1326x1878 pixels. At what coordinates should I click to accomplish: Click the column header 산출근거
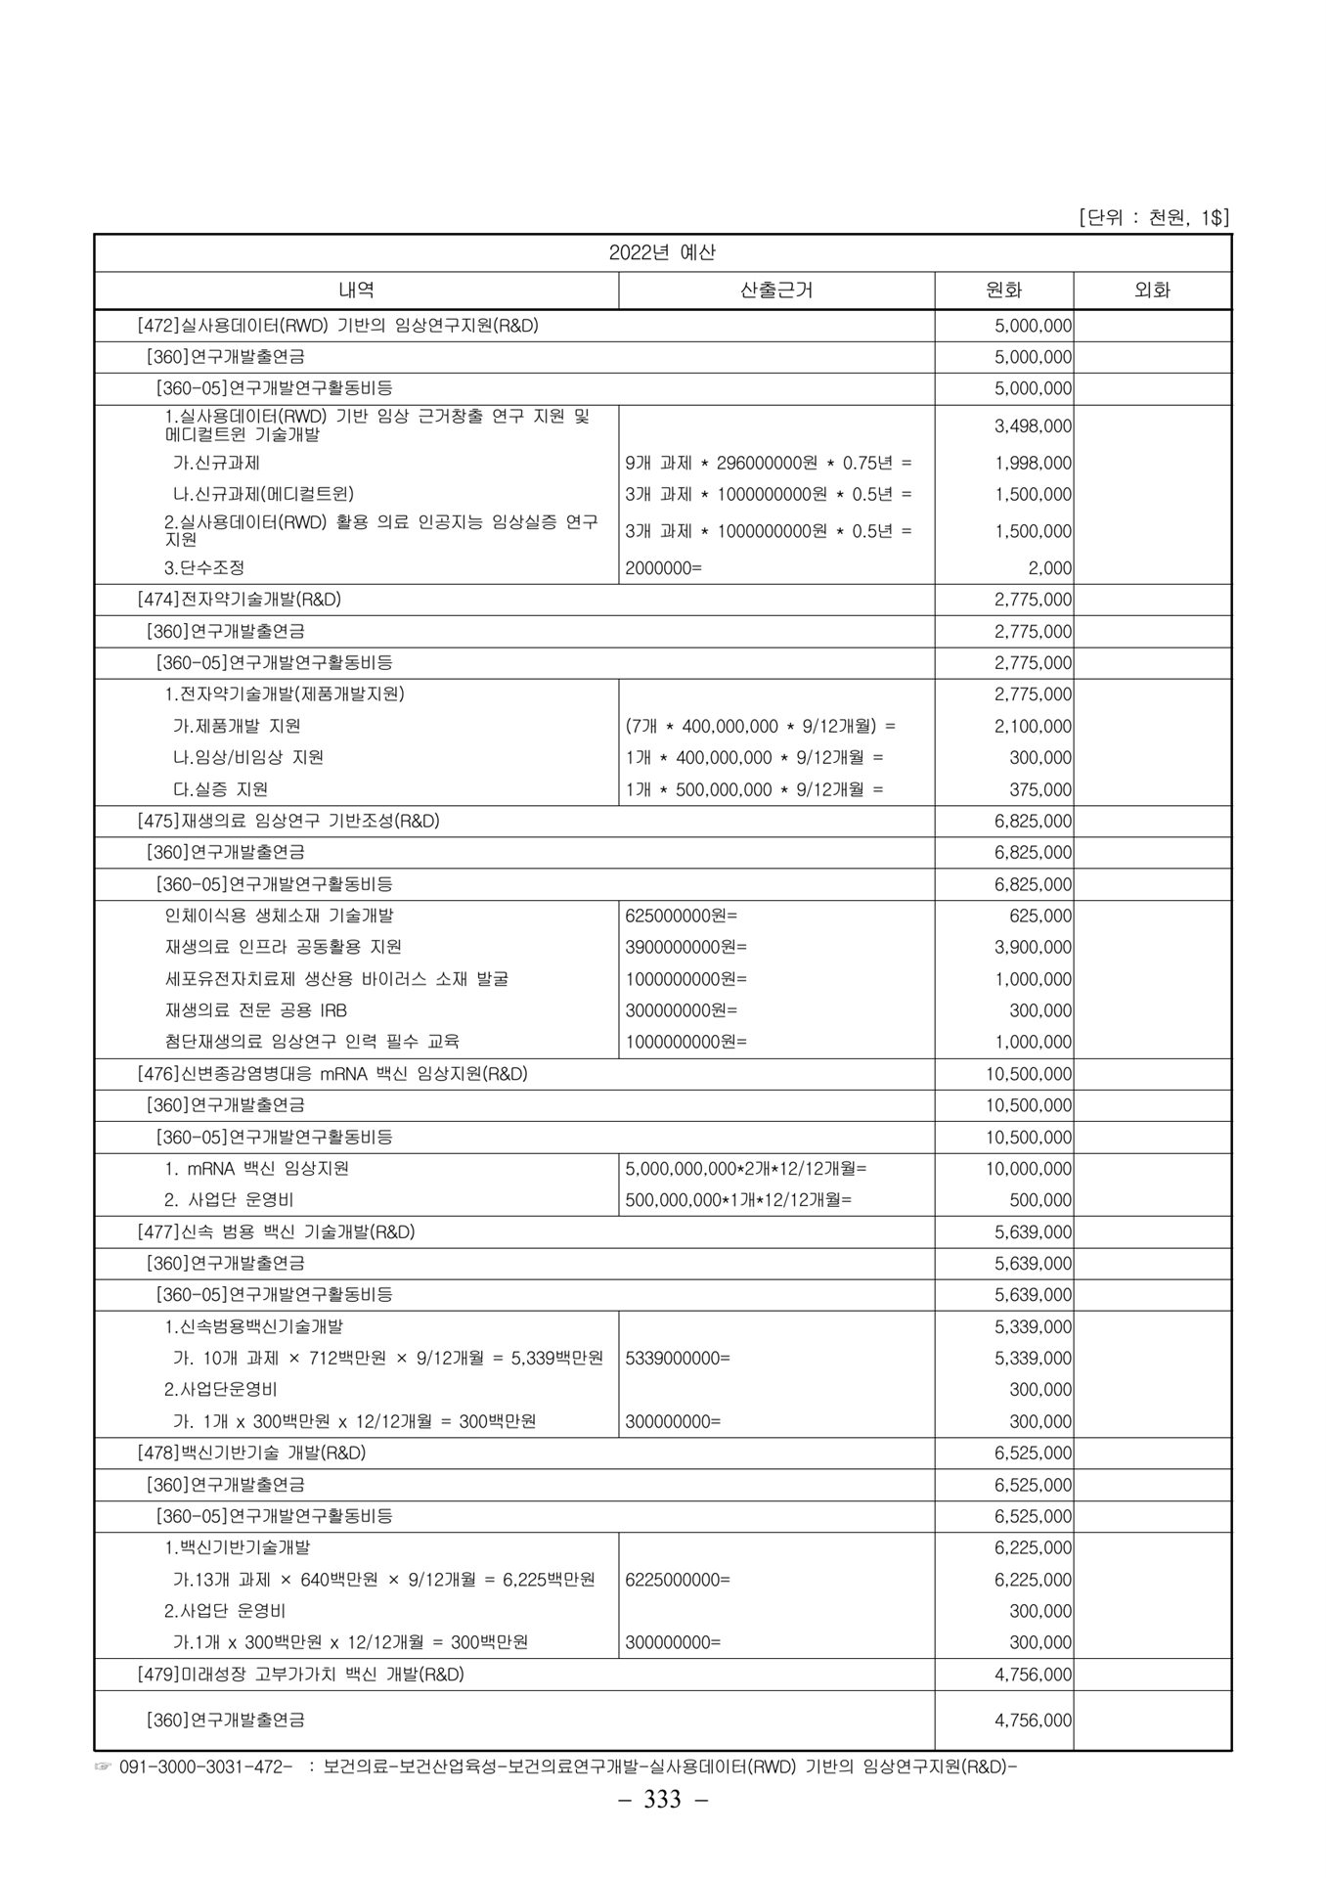click(776, 291)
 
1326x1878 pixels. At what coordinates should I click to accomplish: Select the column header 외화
click(1151, 291)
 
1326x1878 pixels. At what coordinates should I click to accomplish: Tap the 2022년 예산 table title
click(662, 252)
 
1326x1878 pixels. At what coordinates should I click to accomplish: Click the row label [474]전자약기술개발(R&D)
click(239, 600)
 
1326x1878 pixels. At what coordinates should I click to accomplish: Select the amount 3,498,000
click(1033, 426)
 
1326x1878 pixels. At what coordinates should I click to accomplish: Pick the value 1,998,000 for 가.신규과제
click(1033, 463)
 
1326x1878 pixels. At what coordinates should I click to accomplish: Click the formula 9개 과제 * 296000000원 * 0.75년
click(768, 463)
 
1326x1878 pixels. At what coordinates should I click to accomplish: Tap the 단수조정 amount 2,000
click(1049, 568)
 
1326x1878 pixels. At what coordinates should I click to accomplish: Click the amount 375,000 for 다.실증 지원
click(1040, 789)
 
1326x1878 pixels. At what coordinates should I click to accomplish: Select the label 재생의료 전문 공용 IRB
click(256, 1010)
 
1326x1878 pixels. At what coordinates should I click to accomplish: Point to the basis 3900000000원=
click(685, 947)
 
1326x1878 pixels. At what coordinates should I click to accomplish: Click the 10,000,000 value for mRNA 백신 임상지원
click(1029, 1169)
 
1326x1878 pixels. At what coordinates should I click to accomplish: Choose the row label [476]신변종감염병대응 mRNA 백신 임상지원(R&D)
click(331, 1074)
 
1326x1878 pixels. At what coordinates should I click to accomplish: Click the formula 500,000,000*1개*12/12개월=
click(738, 1200)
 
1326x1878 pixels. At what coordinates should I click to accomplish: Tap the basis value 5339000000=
click(677, 1359)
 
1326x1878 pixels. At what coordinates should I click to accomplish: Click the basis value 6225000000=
click(677, 1580)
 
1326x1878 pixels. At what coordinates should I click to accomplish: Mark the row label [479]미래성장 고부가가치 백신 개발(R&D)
click(300, 1675)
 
